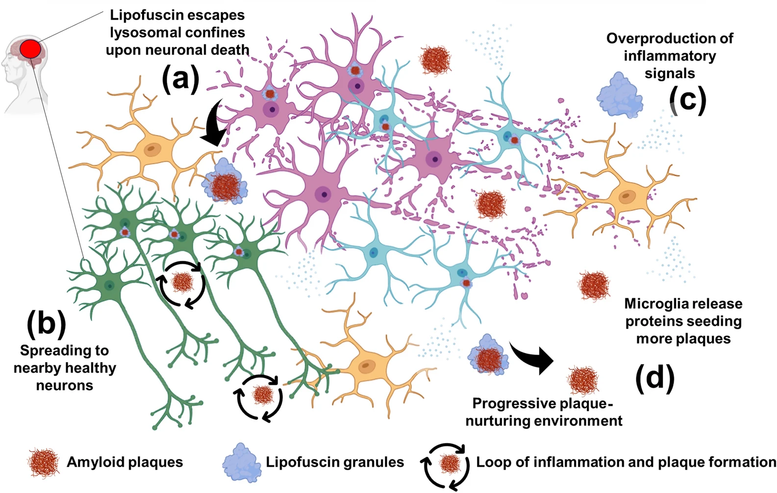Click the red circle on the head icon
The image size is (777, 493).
click(x=30, y=48)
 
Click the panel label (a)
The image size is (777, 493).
click(x=181, y=78)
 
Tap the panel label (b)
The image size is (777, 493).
click(x=47, y=324)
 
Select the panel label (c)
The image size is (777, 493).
click(x=688, y=100)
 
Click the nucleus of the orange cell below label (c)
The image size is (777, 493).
click(x=625, y=197)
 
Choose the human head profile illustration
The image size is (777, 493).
click(x=25, y=74)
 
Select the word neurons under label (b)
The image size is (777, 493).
click(x=64, y=386)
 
